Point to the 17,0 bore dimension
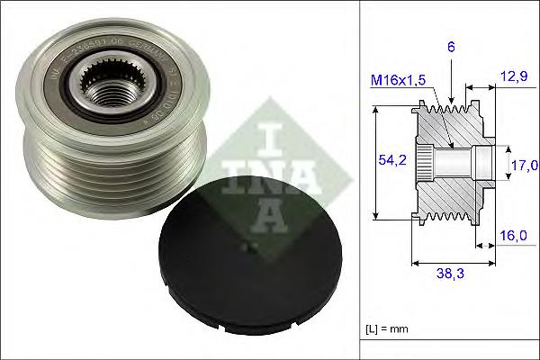(x=524, y=165)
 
